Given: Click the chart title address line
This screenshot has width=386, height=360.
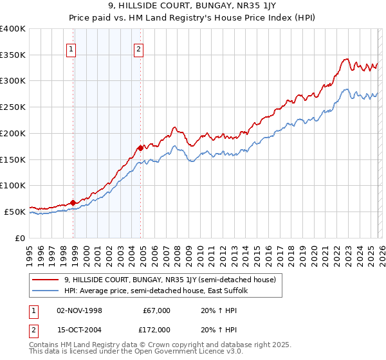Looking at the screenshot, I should coord(193,7).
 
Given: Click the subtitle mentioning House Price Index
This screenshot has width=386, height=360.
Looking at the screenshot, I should coord(193,19).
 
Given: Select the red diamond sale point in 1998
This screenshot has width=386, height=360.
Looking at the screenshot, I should coord(73,203).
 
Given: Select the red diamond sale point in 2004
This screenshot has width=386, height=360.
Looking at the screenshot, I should coord(140,148).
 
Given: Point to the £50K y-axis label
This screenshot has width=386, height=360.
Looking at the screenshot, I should coord(14,212).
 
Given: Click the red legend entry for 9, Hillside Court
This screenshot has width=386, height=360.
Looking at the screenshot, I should coord(170,280).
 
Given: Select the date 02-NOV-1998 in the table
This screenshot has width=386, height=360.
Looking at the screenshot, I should coord(79,310).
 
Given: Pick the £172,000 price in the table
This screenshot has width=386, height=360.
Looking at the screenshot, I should coord(156,330).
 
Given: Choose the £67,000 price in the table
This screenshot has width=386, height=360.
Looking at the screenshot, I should coord(156,310).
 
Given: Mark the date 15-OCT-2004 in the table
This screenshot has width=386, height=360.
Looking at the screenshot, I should coord(79,330).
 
